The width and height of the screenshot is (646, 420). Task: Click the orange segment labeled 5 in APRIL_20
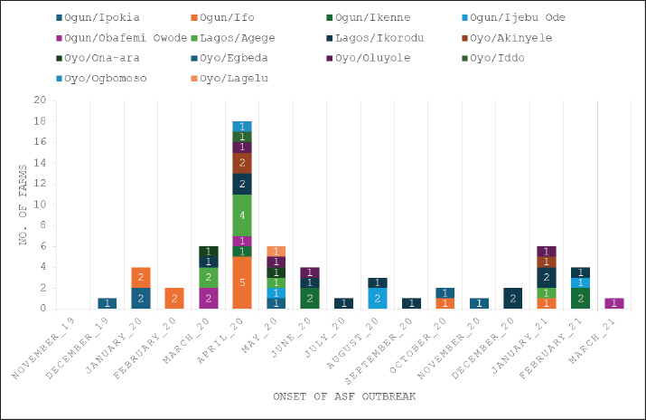click(x=241, y=282)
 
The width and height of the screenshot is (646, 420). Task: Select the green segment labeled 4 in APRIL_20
click(x=241, y=215)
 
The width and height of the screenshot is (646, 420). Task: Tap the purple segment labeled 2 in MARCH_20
click(x=209, y=298)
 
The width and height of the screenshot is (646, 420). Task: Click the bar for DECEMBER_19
click(x=108, y=303)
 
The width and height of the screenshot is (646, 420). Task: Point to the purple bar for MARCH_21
click(x=614, y=303)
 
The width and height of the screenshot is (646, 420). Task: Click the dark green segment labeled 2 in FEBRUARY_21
click(x=582, y=298)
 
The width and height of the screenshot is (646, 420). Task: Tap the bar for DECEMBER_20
click(x=512, y=298)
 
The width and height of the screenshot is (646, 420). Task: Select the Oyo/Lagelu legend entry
click(x=227, y=78)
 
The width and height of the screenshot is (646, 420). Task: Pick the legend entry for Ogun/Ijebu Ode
click(x=516, y=16)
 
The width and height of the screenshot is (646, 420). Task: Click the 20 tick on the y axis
click(x=40, y=100)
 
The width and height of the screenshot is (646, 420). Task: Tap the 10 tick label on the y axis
click(x=40, y=205)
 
